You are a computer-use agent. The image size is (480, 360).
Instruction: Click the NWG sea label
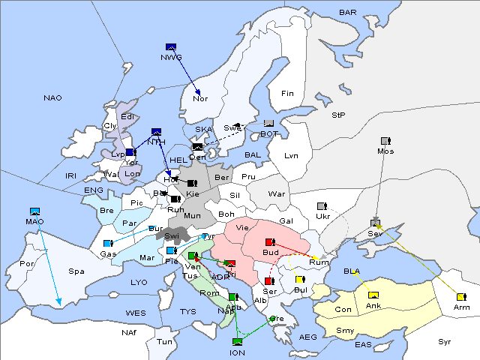point(170,58)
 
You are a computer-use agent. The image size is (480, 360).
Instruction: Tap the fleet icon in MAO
point(34,211)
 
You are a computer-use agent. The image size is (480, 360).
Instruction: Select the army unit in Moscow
point(385,141)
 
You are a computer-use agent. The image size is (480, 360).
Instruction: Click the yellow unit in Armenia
point(460,297)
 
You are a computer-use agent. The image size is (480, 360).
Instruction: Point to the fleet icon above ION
point(237,341)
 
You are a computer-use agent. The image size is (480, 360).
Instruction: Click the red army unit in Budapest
point(270,242)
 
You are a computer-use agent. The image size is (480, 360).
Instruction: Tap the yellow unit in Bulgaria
point(300,280)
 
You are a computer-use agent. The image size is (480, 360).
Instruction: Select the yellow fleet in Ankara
point(373,294)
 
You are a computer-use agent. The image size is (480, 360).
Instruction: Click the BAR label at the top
point(348,13)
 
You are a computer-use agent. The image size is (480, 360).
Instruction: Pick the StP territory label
point(338,115)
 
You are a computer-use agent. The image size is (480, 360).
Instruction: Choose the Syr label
point(445,341)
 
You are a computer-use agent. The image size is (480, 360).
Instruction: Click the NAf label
point(130,331)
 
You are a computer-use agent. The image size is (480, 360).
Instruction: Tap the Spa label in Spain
point(76,271)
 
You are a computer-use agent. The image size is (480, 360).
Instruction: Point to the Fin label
point(287,94)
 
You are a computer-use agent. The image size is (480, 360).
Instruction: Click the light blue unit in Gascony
point(108,243)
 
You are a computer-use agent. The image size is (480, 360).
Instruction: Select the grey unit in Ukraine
point(322,206)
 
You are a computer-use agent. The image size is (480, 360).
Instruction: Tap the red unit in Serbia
point(268,281)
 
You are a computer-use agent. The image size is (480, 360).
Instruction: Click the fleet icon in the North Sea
point(156,132)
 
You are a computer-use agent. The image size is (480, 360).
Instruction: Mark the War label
point(277,193)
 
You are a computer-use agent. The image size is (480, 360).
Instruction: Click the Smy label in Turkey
point(345,330)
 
